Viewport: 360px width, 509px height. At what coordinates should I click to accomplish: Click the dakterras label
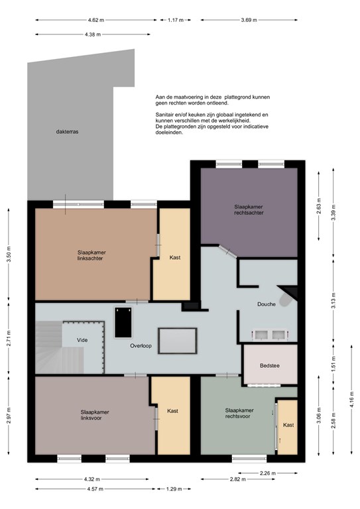(67, 132)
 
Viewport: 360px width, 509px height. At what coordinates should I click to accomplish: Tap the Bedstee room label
(269, 366)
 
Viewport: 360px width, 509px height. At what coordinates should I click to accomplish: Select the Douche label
(267, 304)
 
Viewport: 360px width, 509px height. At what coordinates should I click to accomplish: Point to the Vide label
(82, 340)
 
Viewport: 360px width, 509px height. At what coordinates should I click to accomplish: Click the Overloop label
(141, 346)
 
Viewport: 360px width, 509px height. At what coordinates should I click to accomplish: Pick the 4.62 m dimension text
(96, 20)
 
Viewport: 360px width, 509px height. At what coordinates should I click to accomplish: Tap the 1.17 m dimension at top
(176, 20)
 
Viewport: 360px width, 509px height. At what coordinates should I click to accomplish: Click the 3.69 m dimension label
(249, 20)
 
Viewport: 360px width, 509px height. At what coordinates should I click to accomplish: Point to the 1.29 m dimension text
(174, 489)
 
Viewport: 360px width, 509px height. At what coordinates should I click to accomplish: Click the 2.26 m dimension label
(268, 473)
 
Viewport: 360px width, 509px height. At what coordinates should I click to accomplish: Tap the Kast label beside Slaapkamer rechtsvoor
(288, 425)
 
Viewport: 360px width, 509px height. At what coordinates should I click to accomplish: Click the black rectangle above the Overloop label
(123, 322)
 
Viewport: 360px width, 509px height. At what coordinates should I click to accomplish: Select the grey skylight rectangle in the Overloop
(178, 341)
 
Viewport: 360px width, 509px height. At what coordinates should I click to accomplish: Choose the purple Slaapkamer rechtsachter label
(249, 209)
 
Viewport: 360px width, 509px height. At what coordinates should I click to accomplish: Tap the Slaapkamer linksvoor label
(95, 415)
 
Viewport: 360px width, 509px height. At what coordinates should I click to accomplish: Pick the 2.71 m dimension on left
(9, 338)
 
